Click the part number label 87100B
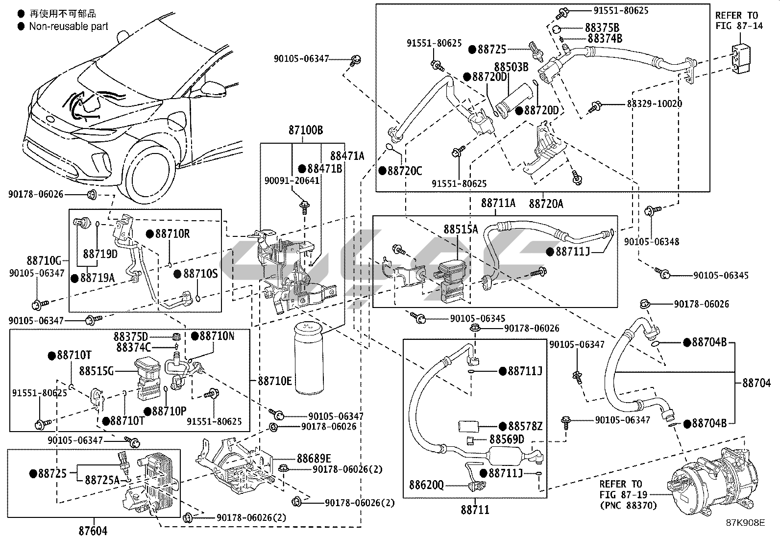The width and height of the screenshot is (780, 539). (305, 130)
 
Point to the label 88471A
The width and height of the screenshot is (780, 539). (347, 156)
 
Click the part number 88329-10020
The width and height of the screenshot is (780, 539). (654, 104)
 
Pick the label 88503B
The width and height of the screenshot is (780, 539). (511, 67)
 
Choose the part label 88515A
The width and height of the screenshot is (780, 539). (461, 229)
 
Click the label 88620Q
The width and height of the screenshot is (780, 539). (426, 485)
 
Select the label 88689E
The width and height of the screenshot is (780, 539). (314, 458)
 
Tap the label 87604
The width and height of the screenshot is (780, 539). (93, 530)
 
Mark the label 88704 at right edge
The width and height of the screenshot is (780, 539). (756, 383)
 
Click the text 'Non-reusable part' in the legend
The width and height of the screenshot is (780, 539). (69, 26)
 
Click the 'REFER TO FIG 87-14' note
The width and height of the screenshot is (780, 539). (739, 21)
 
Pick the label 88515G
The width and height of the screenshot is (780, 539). (97, 371)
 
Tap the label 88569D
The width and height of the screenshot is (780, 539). (507, 439)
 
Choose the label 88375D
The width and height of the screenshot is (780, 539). (131, 336)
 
